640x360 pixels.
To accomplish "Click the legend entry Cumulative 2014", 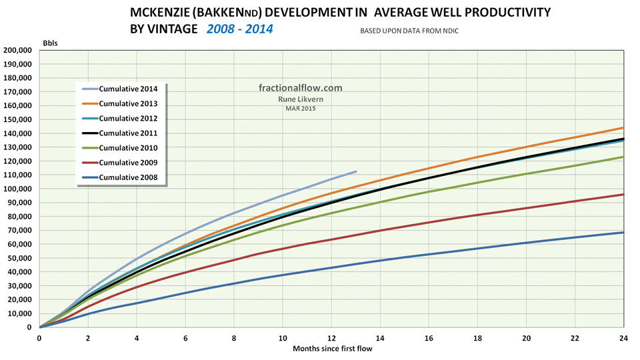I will [128, 89].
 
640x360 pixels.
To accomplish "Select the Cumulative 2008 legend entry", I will [128, 177].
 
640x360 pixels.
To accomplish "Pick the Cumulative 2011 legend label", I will [128, 133].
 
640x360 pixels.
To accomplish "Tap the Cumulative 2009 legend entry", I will [128, 162].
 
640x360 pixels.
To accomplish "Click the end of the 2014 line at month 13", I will [356, 171].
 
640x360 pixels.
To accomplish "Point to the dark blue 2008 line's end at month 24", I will [623, 232].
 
